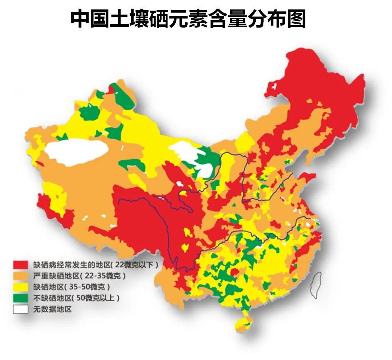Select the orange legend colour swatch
pos(20,275)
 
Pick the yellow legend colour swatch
pos(20,286)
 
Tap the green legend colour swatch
pos(20,298)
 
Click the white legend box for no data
pos(20,309)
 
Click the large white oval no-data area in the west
pos(77,149)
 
